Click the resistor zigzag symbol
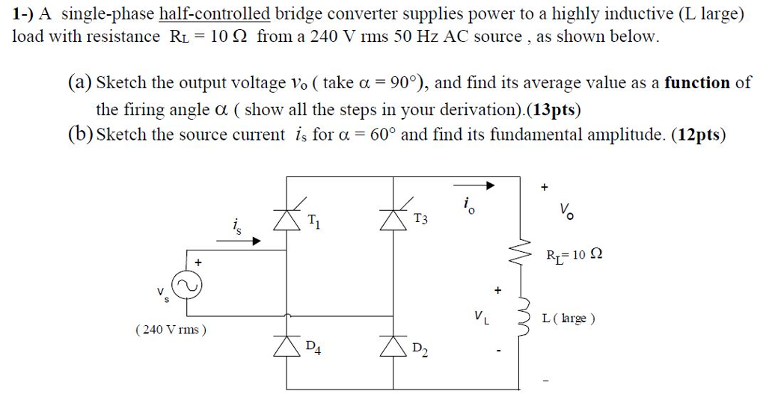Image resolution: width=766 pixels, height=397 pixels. (523, 253)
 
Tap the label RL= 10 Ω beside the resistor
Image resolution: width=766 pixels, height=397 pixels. (573, 254)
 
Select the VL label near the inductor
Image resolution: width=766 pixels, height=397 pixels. (482, 317)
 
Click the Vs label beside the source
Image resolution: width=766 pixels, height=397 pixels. (162, 294)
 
